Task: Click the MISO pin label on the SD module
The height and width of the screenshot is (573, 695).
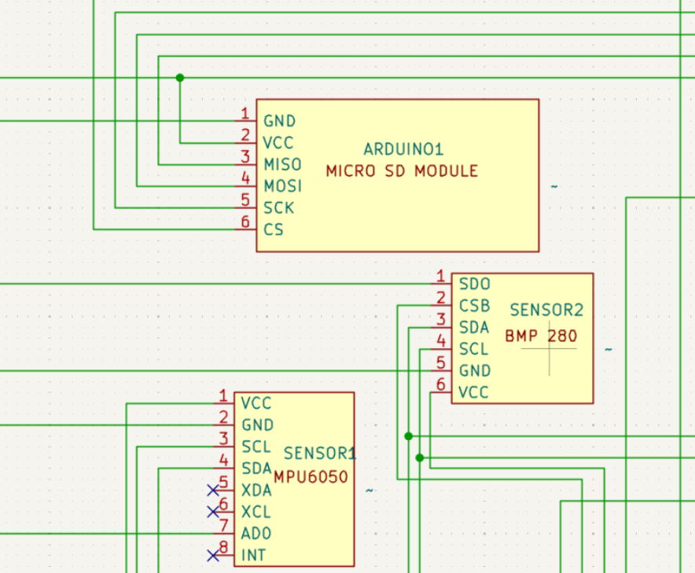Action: pos(282,164)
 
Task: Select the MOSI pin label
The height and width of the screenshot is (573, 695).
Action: pos(282,186)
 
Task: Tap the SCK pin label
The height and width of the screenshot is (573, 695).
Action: pos(279,208)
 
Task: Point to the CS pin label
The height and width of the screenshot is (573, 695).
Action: pos(273,230)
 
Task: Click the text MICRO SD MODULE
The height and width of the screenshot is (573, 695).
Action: pos(402,171)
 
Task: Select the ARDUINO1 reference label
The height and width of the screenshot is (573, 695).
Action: pos(403,149)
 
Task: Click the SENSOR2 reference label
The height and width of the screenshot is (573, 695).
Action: pos(546,310)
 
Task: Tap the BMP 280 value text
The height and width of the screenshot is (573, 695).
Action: pos(541,336)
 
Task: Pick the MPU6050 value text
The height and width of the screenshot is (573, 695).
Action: pos(311,477)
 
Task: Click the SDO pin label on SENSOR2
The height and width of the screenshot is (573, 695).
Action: pos(474,284)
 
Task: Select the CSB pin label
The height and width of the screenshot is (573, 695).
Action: pos(474,306)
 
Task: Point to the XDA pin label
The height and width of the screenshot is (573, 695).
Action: pos(256,490)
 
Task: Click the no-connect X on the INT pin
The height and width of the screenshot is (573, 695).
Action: pos(213,555)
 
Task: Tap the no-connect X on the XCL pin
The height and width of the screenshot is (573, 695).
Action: pos(213,512)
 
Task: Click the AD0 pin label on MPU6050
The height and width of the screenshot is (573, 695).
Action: pos(256,534)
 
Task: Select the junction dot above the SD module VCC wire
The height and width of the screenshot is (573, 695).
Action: pos(180,78)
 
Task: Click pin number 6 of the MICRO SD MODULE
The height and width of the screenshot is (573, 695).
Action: pos(245,222)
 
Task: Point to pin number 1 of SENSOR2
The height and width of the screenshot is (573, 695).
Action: pos(440,276)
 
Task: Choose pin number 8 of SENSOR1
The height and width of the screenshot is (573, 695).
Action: pos(223,547)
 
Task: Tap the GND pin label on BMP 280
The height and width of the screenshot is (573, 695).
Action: pos(475,370)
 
